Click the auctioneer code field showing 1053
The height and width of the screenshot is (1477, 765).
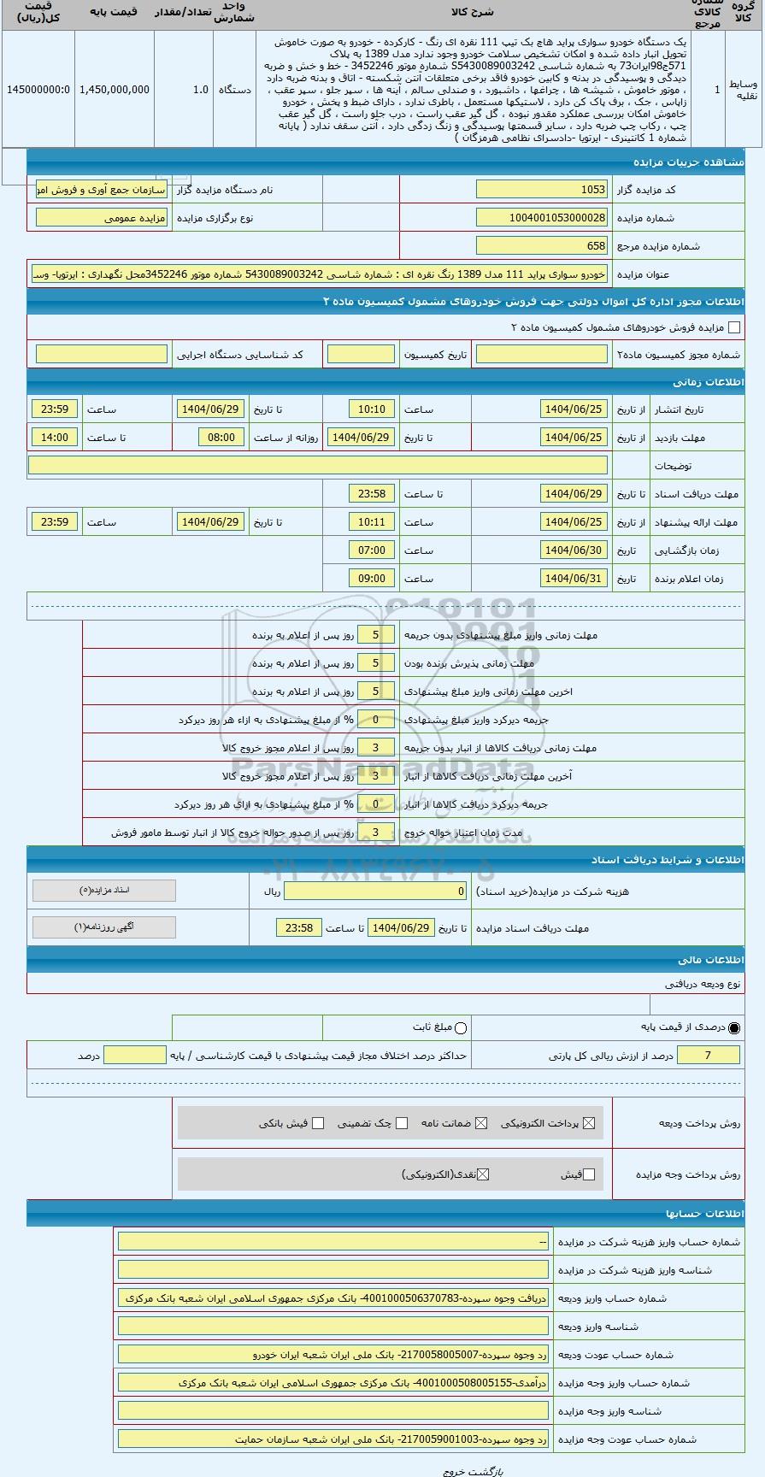coord(542,190)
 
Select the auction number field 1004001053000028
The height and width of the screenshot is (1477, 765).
coord(542,218)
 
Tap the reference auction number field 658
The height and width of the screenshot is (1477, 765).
coord(542,246)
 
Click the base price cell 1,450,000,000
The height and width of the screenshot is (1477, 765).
coord(114,90)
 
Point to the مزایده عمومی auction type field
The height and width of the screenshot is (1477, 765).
coord(102,218)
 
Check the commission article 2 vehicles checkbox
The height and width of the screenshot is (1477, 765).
coord(733,327)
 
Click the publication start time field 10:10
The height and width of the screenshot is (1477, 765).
coord(372,409)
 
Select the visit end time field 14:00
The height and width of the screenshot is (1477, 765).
coord(55,438)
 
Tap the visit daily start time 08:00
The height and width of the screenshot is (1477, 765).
coord(221,438)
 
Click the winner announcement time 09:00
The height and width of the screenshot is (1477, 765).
coord(372,579)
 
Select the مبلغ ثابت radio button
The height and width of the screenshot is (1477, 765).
coord(462,1027)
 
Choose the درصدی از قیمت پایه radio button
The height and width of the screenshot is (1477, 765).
coord(734,1027)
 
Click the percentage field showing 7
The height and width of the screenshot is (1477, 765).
coord(709,1056)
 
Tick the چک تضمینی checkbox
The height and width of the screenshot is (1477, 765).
coord(402,1123)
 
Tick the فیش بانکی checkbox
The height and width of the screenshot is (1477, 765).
coord(318,1123)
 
